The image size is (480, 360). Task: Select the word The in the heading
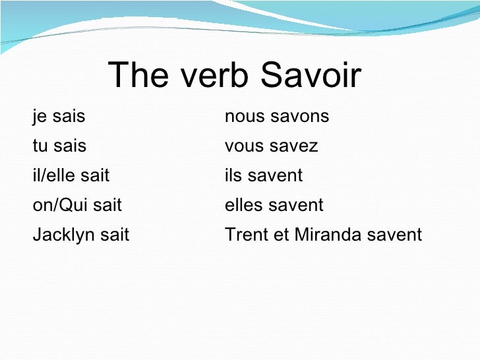tap(136, 76)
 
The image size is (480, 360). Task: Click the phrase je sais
tap(59, 117)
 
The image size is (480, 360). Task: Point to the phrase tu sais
tap(59, 146)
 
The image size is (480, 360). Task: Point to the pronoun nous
tap(243, 117)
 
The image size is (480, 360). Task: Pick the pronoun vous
tap(244, 146)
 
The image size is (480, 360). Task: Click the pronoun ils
tap(233, 175)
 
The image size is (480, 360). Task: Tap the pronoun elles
tap(243, 205)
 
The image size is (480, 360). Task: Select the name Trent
tap(245, 235)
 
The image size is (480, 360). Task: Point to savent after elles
tap(295, 205)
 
